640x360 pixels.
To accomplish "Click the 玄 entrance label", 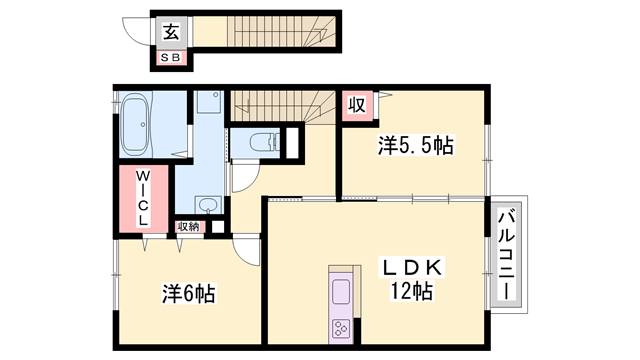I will pyautogui.click(x=171, y=31).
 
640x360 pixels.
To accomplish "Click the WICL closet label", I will pyautogui.click(x=143, y=199).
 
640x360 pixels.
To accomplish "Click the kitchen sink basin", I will pyautogui.click(x=340, y=293).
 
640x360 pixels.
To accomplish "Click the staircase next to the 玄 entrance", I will pyautogui.click(x=265, y=30).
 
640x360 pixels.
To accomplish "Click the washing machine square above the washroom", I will pyautogui.click(x=208, y=103).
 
